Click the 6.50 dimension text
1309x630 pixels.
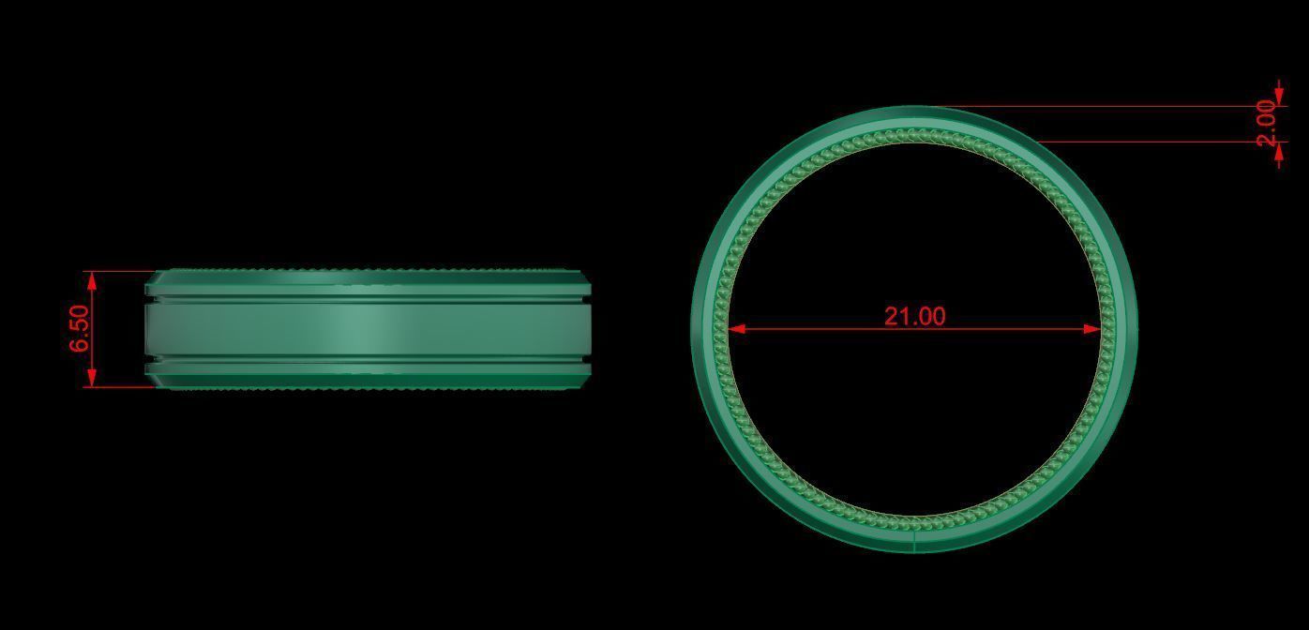point(80,329)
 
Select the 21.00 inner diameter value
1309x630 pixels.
point(914,316)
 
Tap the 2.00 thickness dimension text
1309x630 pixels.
point(1267,123)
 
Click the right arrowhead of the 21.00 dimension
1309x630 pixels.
point(1092,329)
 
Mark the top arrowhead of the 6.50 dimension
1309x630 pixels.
point(91,278)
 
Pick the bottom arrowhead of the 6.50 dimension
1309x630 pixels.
point(91,379)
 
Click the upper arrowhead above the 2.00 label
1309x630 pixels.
point(1280,97)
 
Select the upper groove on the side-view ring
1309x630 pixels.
point(366,300)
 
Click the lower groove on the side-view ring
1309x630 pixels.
point(366,360)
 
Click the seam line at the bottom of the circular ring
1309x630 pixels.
point(913,541)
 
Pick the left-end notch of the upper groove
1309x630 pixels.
point(148,300)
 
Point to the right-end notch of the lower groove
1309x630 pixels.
point(586,360)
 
